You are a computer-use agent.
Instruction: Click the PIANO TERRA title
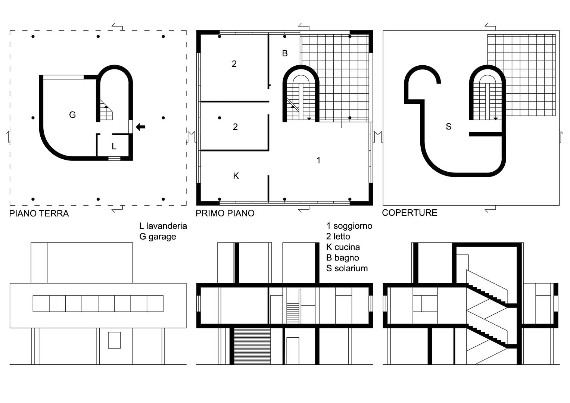click(39, 213)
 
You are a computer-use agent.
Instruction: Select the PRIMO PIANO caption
click(225, 213)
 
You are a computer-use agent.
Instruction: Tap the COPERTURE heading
click(409, 213)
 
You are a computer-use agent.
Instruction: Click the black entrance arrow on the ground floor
click(140, 127)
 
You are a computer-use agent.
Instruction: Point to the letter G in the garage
click(72, 115)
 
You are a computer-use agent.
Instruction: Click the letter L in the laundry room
click(114, 146)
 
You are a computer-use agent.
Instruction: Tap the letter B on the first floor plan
click(285, 53)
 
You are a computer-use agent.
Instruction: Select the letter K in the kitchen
click(236, 176)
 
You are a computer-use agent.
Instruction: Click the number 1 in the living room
click(318, 160)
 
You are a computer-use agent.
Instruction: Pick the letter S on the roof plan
click(449, 126)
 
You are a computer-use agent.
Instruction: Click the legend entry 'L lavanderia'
click(163, 226)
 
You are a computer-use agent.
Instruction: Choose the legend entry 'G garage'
click(158, 237)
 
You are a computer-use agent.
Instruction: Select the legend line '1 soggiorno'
click(349, 226)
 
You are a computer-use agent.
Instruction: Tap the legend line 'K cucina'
click(343, 247)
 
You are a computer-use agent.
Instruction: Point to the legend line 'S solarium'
click(347, 268)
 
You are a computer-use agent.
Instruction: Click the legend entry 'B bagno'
click(343, 258)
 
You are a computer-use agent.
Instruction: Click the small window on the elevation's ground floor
click(114, 340)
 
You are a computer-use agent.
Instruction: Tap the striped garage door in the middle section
click(252, 346)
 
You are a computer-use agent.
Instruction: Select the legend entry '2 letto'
click(338, 237)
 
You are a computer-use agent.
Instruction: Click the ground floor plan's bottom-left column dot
click(33, 199)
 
